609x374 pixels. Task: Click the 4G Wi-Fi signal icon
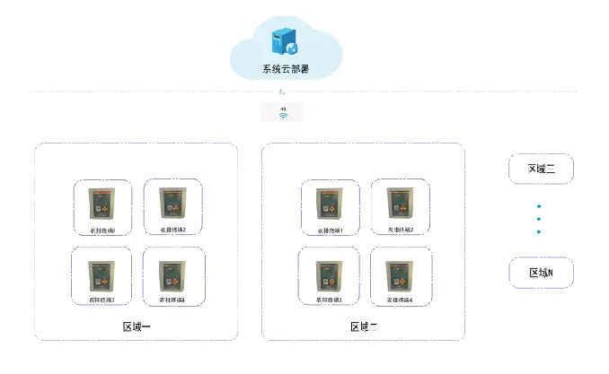pos(282,113)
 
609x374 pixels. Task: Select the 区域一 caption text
pos(137,326)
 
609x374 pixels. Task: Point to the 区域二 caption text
pos(364,326)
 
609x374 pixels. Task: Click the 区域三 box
pos(541,168)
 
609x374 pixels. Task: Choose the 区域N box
pos(541,273)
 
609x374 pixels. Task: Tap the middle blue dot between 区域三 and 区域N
pos(539,219)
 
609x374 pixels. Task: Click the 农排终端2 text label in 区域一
pos(172,230)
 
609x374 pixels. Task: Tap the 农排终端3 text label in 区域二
pos(328,299)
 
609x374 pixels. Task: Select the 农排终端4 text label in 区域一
pos(172,299)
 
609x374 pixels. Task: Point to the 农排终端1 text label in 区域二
pos(328,230)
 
